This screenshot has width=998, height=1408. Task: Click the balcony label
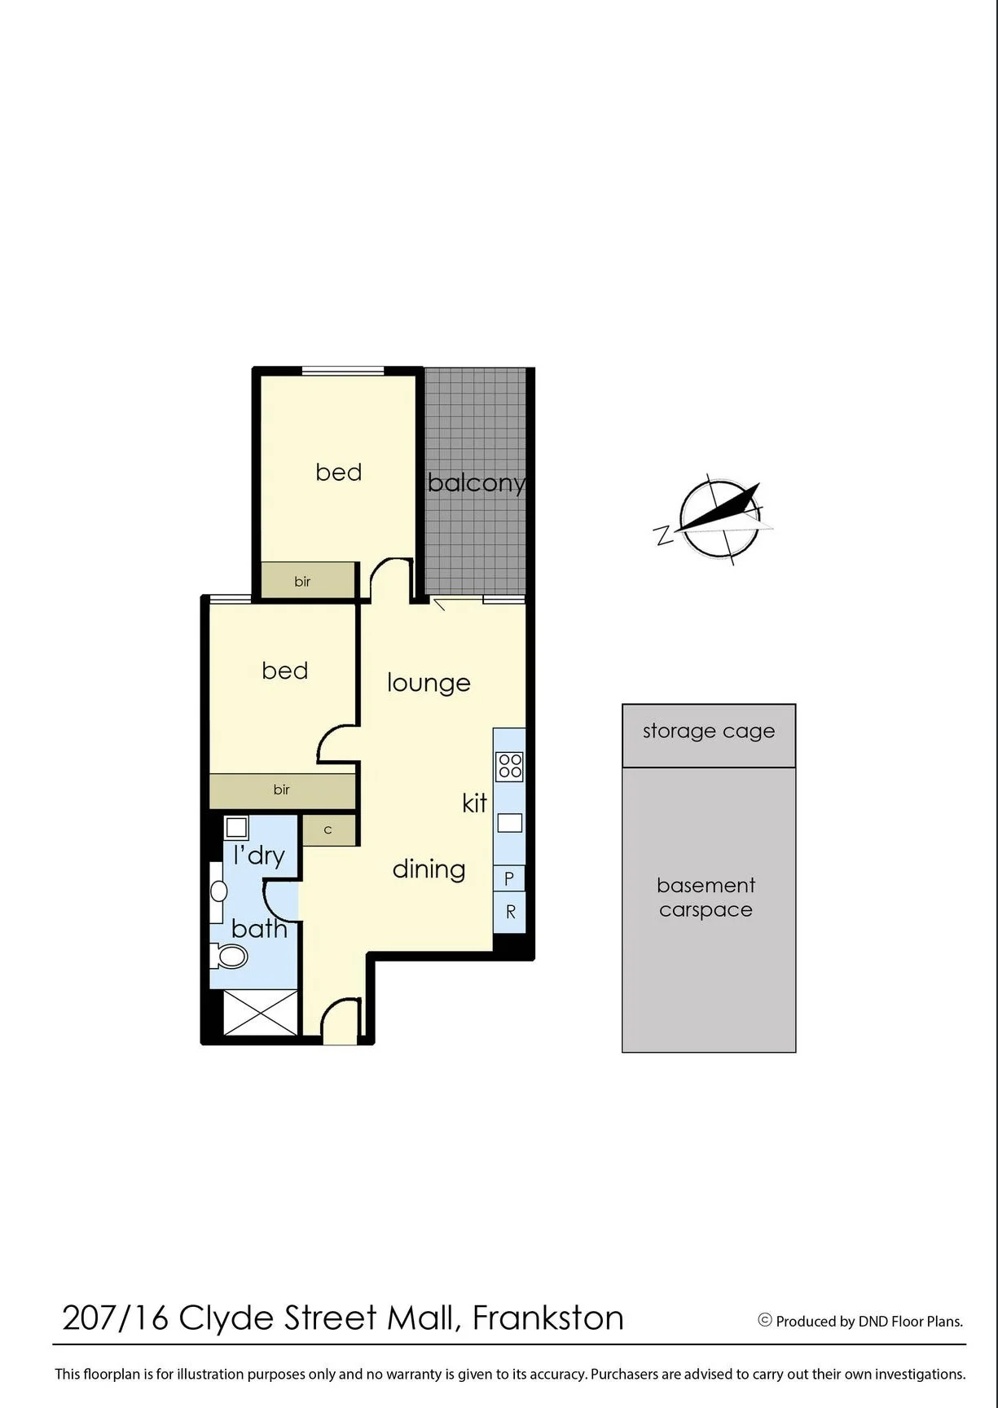click(x=477, y=483)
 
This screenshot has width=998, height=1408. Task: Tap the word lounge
click(x=429, y=683)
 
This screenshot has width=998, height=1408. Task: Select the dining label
click(x=429, y=869)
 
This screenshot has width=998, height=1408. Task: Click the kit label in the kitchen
click(x=474, y=803)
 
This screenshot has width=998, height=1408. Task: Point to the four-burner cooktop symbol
click(x=510, y=766)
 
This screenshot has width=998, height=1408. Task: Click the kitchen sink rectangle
click(x=510, y=823)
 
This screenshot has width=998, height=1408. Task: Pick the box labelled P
click(x=509, y=878)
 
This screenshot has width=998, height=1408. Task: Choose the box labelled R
click(x=509, y=912)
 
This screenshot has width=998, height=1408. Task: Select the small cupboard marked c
click(x=329, y=830)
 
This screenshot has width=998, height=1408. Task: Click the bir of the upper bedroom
click(x=309, y=581)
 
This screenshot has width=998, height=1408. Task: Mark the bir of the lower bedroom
click(x=283, y=790)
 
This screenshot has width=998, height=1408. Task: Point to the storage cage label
click(x=709, y=731)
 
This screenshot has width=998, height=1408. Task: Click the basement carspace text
click(x=706, y=897)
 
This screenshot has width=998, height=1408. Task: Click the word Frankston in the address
click(x=548, y=1318)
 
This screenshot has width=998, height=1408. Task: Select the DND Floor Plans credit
click(x=860, y=1321)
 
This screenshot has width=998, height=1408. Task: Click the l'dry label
click(x=259, y=856)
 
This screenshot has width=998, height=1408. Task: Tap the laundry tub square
click(x=236, y=828)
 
